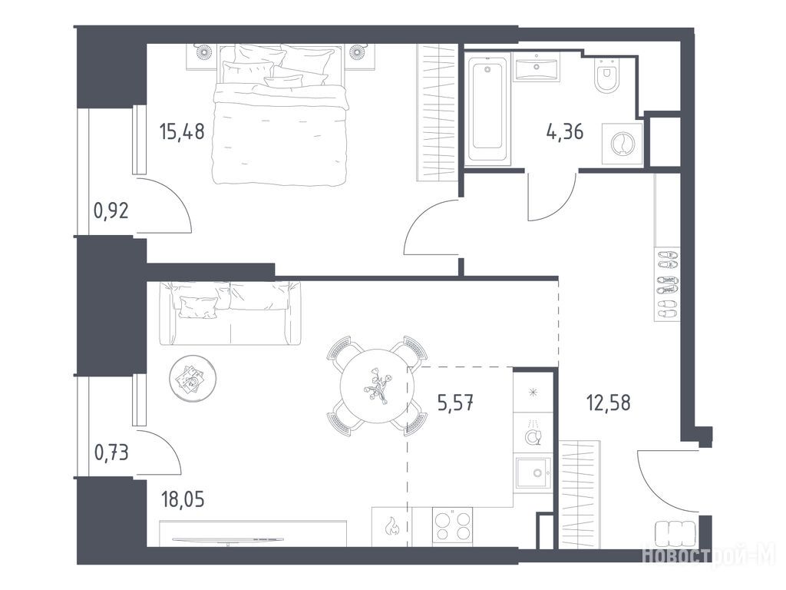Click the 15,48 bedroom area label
tap(181, 131)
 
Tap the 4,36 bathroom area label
tap(564, 132)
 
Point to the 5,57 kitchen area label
tap(456, 403)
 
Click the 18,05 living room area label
tap(183, 499)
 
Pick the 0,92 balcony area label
tap(111, 210)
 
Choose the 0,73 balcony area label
tap(111, 452)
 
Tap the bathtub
tap(487, 110)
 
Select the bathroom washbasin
tap(537, 67)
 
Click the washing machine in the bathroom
tap(622, 144)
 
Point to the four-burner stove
tap(453, 525)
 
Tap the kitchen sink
tap(534, 472)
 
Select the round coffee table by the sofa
tap(193, 378)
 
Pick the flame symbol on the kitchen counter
tap(391, 527)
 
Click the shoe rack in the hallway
tap(667, 284)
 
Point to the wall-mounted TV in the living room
tap(228, 540)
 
